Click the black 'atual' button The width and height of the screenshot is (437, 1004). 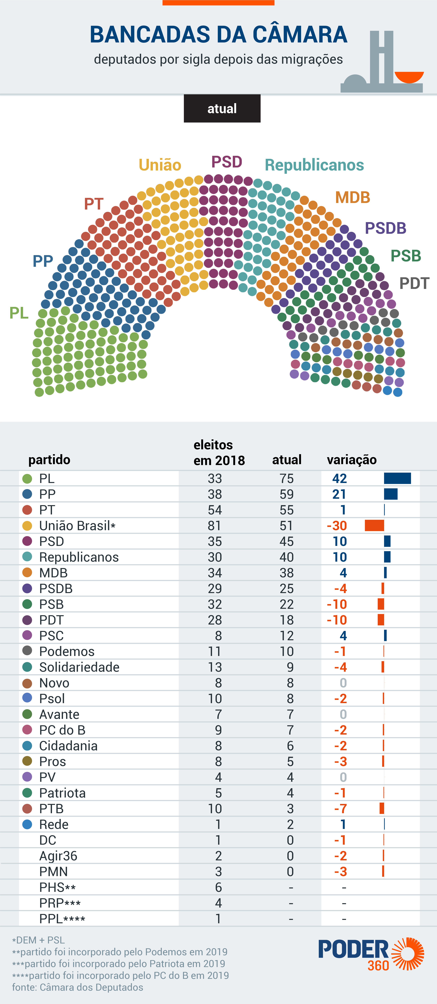[x=222, y=108]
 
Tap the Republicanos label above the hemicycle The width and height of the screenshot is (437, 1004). [x=314, y=165]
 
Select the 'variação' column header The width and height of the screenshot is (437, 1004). [x=352, y=460]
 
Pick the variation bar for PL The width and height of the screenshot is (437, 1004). [x=397, y=478]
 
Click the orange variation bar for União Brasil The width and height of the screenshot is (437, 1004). [x=374, y=525]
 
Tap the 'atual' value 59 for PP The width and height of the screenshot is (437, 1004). [x=287, y=494]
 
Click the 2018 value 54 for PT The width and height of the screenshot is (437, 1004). [x=215, y=510]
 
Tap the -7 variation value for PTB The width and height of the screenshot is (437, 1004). [x=340, y=809]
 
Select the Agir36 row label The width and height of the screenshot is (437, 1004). [x=58, y=856]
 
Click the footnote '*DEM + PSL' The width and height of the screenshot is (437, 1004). [x=38, y=940]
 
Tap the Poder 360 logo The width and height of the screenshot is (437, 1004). [x=370, y=954]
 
